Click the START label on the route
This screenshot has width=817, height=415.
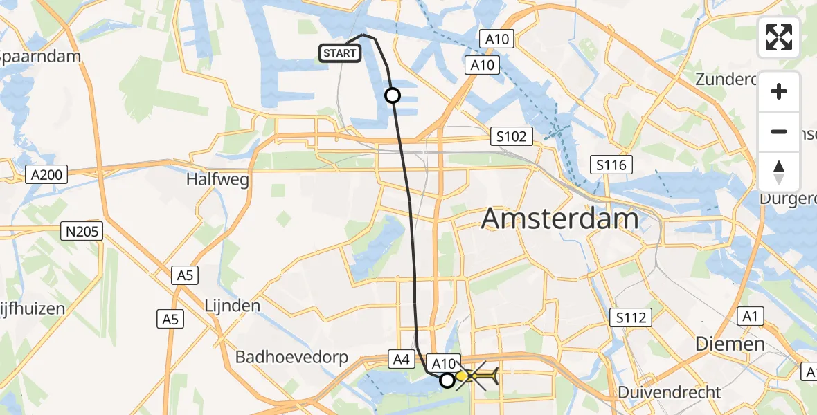[x=339, y=53]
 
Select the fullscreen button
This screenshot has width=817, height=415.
[x=779, y=37]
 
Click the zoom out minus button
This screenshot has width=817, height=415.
[x=779, y=131]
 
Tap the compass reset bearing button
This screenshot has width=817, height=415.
[x=779, y=172]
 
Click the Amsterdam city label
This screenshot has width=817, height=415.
[x=559, y=219]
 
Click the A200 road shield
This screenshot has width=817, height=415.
[x=48, y=175]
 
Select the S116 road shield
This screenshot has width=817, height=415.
[x=611, y=165]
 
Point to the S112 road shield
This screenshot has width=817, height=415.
[x=631, y=317]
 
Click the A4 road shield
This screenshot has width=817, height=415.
[x=402, y=359]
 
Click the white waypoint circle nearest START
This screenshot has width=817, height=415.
[x=393, y=95]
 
